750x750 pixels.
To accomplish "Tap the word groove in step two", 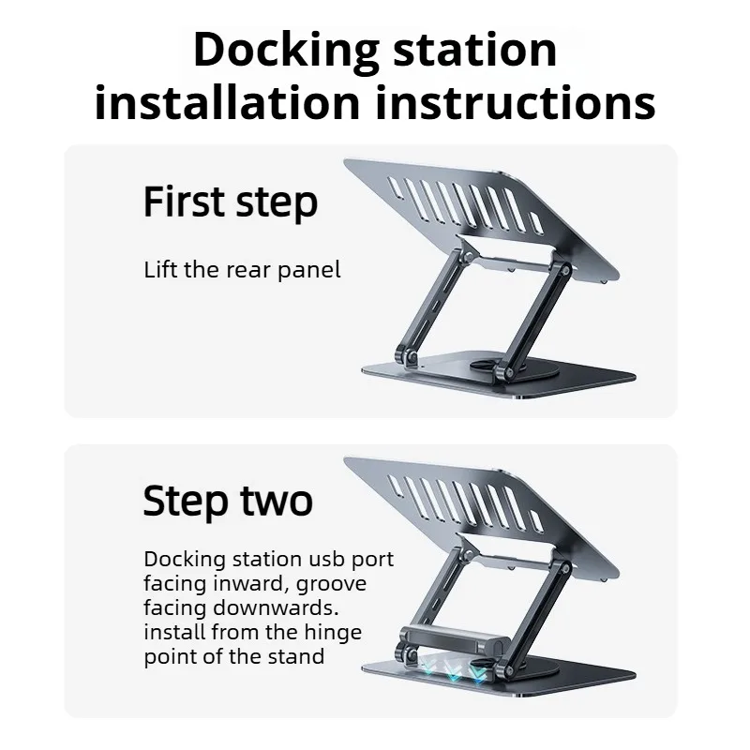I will point(330,584).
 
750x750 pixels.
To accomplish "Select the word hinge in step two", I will point(332,632).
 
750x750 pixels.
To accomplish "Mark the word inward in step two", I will point(247,584).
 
